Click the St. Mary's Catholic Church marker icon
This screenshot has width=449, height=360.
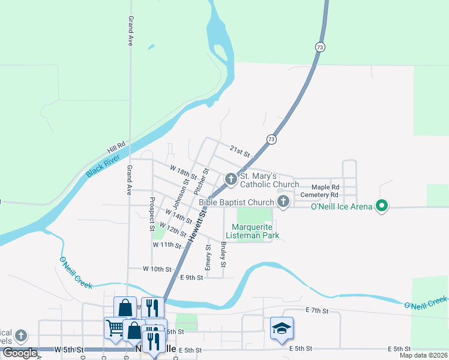coord(231,179)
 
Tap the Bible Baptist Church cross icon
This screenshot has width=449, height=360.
coord(283,202)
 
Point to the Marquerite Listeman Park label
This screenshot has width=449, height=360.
coord(252,231)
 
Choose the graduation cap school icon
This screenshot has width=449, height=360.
coord(282,328)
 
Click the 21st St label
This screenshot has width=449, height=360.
coord(239,151)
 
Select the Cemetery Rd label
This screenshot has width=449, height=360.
coord(320,195)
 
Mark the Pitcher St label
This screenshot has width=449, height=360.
coord(200,182)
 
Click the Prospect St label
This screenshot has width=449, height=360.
coord(152,214)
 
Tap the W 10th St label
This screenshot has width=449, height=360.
coord(157,269)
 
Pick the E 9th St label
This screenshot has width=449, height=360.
coord(192,277)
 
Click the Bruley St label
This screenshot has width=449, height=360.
coord(223,254)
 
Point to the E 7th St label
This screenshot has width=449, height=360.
coord(317,310)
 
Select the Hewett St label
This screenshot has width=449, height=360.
coord(197,224)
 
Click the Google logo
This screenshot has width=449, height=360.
coord(19,353)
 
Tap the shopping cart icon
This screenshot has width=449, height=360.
coord(114,328)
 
